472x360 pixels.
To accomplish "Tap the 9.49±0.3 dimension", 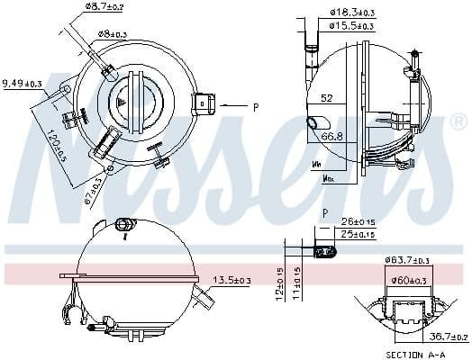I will [x=22, y=83].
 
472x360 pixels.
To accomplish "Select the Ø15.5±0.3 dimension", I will [x=350, y=27].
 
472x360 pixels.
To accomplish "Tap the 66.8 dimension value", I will [x=334, y=137].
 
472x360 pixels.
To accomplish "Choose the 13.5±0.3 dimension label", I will [x=231, y=281].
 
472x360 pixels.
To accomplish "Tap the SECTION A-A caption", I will [x=414, y=355].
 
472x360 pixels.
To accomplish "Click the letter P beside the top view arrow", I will [x=256, y=107].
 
